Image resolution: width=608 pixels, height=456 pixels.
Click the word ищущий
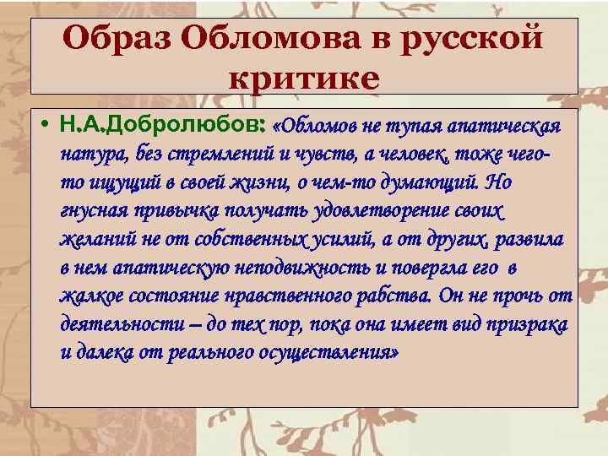coord(126,182)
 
